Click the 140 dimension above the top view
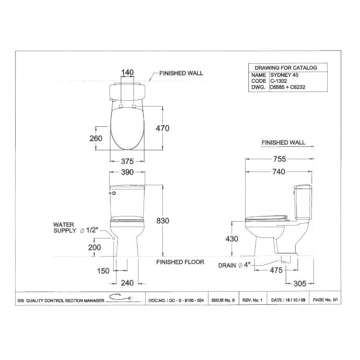[x=127, y=72]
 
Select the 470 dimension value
[x=162, y=128]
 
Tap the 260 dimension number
[x=96, y=138]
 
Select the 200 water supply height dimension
[x=94, y=248]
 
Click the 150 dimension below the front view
[x=103, y=271]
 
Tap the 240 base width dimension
[x=127, y=283]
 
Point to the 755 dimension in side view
[x=280, y=159]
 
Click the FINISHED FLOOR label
[x=180, y=262]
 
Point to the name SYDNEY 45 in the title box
[x=284, y=75]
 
